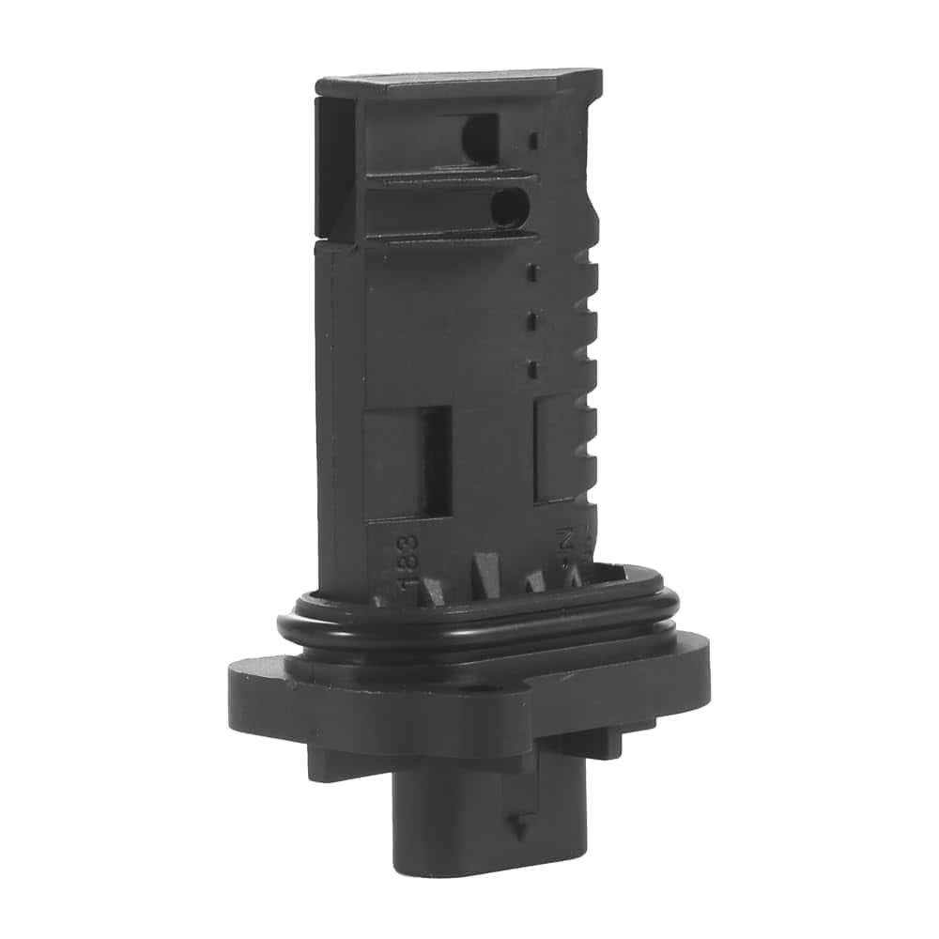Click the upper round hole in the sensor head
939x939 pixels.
click(x=480, y=137)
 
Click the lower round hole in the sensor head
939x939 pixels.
click(x=508, y=207)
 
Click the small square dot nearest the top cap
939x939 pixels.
click(x=533, y=141)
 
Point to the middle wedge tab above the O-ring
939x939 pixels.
click(x=488, y=575)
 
